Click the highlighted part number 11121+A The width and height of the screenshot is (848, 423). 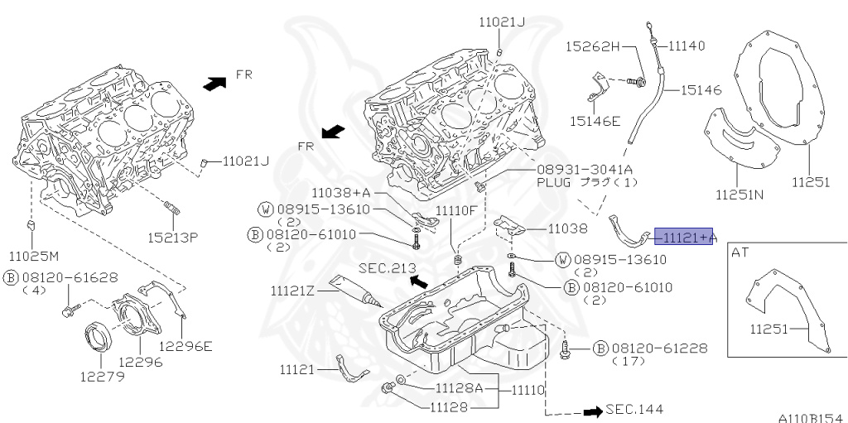684,238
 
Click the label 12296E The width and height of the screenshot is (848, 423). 185,346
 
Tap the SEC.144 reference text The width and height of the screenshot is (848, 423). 634,409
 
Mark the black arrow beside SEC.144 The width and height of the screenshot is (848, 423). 591,410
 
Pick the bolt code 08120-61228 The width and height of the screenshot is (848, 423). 660,348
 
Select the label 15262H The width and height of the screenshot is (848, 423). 593,46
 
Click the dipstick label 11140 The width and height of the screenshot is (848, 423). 687,46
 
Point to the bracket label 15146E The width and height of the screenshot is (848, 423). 595,121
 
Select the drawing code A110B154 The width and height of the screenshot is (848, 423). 810,417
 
